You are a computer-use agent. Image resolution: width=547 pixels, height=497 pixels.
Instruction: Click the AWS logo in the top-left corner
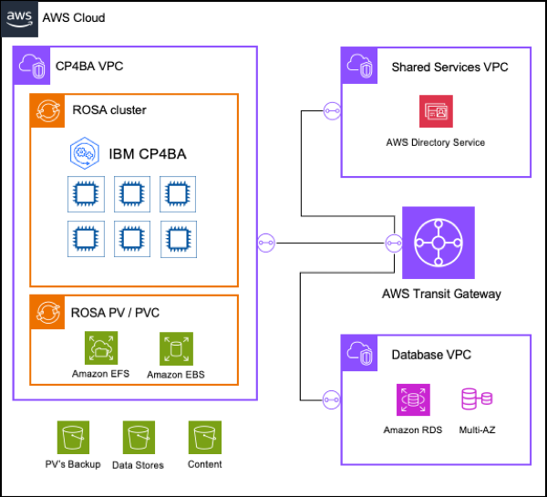(x=19, y=17)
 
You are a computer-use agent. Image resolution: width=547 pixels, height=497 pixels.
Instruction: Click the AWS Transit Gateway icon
(x=439, y=243)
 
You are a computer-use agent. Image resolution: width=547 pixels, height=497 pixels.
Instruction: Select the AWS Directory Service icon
(x=435, y=111)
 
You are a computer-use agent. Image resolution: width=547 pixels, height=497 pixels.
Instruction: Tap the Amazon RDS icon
(x=412, y=399)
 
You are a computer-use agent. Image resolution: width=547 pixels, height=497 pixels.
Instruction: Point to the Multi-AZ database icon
(x=477, y=399)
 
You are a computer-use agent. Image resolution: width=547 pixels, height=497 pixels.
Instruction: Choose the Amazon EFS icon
(x=99, y=348)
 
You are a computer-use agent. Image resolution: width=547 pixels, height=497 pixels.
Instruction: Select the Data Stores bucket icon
(x=138, y=438)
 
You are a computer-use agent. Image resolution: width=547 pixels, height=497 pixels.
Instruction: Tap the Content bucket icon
(x=204, y=438)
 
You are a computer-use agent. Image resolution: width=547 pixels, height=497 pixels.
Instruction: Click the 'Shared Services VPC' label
(x=449, y=67)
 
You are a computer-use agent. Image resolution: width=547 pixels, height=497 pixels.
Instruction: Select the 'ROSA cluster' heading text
(x=109, y=110)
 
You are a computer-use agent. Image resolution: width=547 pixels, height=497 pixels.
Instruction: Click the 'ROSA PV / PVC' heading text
(x=116, y=313)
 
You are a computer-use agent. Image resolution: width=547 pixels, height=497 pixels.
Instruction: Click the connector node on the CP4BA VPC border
(x=266, y=243)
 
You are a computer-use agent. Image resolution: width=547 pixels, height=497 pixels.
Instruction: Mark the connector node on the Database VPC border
(x=331, y=399)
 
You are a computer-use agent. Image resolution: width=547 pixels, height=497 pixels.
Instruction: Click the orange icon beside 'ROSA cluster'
(x=46, y=110)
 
